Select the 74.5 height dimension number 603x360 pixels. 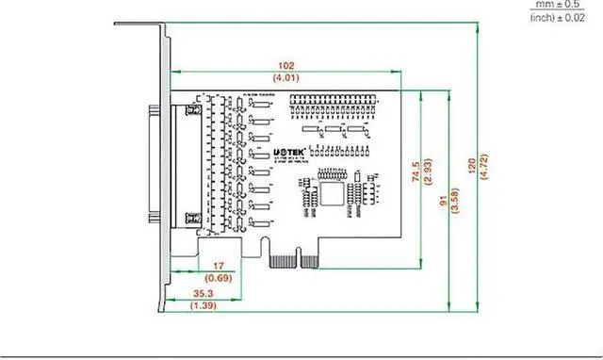pos(416,172)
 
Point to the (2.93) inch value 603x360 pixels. pos(428,172)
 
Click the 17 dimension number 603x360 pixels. pos(219,267)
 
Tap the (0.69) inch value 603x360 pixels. pos(219,279)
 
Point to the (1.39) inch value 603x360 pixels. pos(202,306)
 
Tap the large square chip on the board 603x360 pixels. pos(332,193)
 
